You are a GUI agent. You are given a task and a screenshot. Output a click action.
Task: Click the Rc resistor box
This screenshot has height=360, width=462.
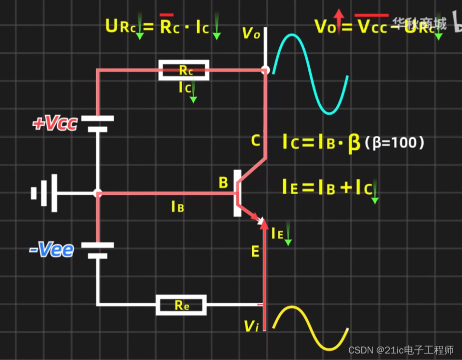pyautogui.click(x=184, y=70)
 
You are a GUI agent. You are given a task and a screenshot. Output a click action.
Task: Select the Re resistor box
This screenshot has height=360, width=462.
pyautogui.click(x=181, y=304)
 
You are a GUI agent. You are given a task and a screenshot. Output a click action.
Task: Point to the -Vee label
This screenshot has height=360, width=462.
pyautogui.click(x=52, y=249)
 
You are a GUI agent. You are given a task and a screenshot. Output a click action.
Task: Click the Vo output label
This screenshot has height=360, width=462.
pyautogui.click(x=250, y=33)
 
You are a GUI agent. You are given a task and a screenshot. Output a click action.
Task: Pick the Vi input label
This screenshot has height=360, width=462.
pyautogui.click(x=251, y=326)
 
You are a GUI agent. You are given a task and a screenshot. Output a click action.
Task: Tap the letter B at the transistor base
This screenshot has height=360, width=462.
pyautogui.click(x=223, y=183)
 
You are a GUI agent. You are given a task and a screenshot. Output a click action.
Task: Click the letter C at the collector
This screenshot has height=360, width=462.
pyautogui.click(x=255, y=141)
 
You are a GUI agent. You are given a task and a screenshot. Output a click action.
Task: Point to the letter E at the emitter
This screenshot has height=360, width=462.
pyautogui.click(x=255, y=251)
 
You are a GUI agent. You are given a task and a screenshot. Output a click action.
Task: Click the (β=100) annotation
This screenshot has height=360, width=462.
pyautogui.click(x=394, y=143)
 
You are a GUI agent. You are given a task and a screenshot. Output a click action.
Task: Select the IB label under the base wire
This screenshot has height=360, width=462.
pyautogui.click(x=178, y=207)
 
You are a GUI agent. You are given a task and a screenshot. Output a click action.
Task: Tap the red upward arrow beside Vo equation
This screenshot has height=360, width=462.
pyautogui.click(x=339, y=20)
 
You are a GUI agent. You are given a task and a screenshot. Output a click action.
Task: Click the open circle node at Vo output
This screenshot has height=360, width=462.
pyautogui.click(x=266, y=70)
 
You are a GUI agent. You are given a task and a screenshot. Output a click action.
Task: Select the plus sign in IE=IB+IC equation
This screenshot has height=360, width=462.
pyautogui.click(x=344, y=188)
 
